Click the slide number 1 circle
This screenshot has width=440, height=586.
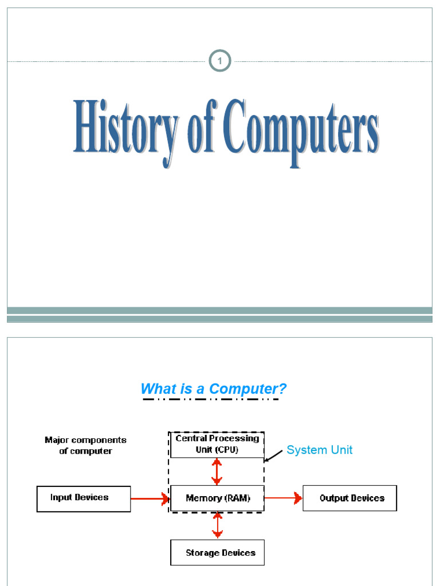pyautogui.click(x=219, y=61)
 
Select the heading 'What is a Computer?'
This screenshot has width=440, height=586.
pyautogui.click(x=213, y=389)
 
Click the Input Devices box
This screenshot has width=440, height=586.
pyautogui.click(x=84, y=498)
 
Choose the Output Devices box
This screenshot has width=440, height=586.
pyautogui.click(x=349, y=498)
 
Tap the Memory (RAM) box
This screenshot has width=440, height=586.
pyautogui.click(x=218, y=498)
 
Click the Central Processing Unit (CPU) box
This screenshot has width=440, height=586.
pyautogui.click(x=217, y=444)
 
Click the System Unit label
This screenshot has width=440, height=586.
pyautogui.click(x=320, y=450)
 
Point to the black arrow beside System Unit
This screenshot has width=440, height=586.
pyautogui.click(x=274, y=456)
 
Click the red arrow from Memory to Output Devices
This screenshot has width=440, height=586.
pyautogui.click(x=284, y=498)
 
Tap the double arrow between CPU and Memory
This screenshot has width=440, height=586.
pyautogui.click(x=217, y=472)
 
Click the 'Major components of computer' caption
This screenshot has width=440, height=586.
pyautogui.click(x=85, y=446)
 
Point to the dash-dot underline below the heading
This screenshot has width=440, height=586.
pyautogui.click(x=210, y=399)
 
